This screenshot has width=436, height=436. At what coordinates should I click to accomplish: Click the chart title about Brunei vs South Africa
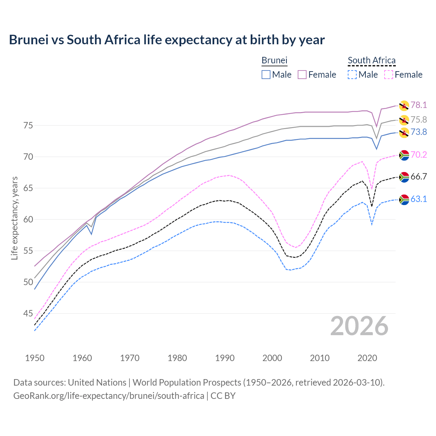coord(167,40)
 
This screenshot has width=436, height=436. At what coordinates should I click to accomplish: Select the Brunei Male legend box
coord(266,75)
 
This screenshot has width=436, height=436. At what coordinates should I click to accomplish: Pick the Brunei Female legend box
coord(302,75)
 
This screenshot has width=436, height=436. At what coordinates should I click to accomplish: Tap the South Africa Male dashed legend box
coord(352,75)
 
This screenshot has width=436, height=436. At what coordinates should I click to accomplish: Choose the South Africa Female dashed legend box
coord(388,75)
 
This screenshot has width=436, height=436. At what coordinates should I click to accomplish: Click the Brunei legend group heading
coord(274,60)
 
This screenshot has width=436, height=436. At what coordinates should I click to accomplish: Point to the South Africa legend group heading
coord(372,60)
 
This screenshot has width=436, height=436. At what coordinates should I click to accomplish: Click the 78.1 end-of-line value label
coord(419,105)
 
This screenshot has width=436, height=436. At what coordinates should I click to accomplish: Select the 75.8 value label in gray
coord(419,120)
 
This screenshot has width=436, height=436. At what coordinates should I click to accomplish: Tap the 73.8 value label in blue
coord(419,132)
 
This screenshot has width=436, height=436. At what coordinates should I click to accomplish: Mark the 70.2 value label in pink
coord(419,155)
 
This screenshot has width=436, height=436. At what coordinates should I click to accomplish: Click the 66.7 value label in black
coord(419,176)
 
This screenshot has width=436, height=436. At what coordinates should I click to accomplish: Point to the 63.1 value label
coord(419,199)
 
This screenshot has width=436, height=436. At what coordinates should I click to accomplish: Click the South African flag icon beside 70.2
coord(404,155)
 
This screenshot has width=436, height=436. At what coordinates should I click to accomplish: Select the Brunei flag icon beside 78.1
coord(404,106)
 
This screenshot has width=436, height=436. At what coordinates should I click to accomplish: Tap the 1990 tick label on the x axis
coord(225,358)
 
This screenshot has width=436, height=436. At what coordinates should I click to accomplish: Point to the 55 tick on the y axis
coord(28,251)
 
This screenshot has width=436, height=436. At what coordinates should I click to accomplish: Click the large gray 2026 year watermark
coord(359,326)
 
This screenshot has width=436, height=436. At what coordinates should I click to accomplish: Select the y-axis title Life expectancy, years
coord(14,218)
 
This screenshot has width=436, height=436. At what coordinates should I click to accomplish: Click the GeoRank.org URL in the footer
coord(109,396)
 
